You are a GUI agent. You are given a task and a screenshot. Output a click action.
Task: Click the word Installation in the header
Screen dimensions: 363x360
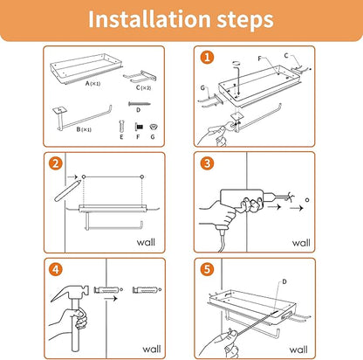pos(149,19)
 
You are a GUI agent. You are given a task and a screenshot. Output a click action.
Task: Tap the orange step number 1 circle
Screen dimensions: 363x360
pos(207,58)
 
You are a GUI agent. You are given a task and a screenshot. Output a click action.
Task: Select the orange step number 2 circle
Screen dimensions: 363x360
pos(56,163)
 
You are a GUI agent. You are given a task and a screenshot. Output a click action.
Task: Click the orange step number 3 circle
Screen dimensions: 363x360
pos(207,163)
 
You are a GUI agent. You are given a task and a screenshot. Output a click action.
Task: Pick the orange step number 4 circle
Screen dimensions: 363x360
pos(56,269)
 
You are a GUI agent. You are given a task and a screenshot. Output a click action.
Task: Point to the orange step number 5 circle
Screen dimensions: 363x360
pos(207,269)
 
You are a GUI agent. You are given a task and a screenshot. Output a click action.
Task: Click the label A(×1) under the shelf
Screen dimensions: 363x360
pos(92,84)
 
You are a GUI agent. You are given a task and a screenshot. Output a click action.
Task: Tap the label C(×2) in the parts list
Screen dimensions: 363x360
pos(143,87)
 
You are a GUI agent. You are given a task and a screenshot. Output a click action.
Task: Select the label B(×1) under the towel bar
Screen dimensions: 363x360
pos(84,129)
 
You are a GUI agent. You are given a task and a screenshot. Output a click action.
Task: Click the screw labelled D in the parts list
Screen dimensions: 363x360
pos(140,104)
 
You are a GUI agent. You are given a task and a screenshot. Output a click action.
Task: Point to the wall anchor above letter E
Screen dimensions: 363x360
pos(121,127)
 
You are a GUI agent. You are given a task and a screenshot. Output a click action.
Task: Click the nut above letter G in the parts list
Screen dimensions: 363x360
pos(153,127)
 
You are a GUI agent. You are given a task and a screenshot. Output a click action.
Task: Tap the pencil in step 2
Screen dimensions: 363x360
pos(67,190)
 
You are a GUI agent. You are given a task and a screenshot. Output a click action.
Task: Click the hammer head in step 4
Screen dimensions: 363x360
pos(69,292)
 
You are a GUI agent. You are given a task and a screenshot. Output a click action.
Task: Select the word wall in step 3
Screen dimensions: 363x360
pos(301,243)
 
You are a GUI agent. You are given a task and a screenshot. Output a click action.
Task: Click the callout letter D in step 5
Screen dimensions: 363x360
pos(284,281)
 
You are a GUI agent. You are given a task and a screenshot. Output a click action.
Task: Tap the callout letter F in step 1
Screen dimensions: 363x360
pos(260,59)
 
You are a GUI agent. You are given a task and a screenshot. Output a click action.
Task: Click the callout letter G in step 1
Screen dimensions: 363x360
pos(202,87)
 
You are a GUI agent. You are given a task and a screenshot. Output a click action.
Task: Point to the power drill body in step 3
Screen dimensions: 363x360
pos(242,199)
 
